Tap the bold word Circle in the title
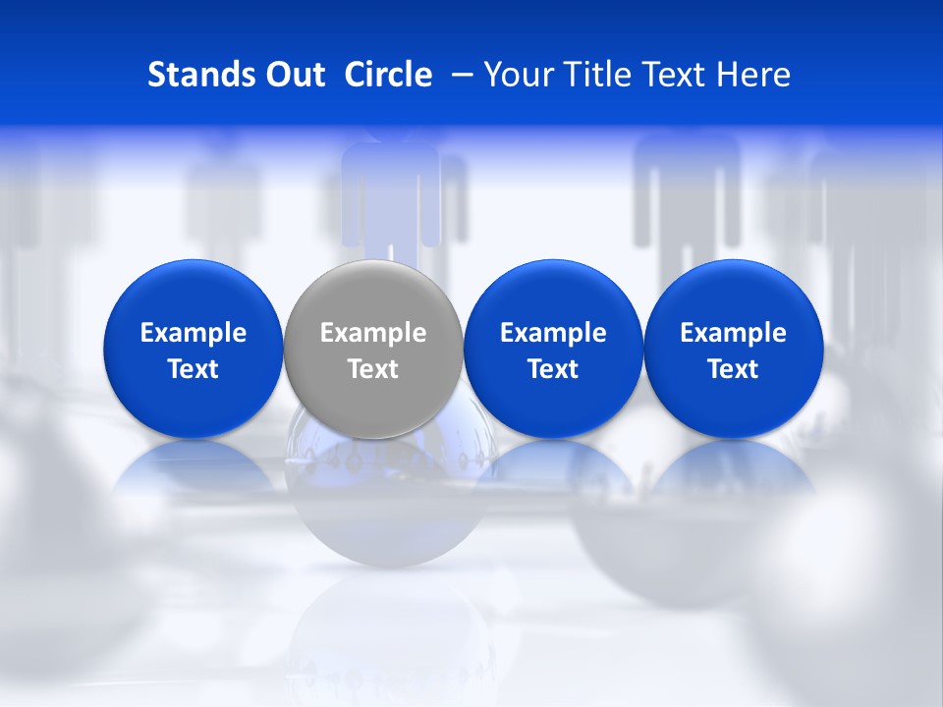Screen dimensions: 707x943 [388, 75]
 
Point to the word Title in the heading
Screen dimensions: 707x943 [601, 75]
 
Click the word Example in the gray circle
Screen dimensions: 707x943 [373, 333]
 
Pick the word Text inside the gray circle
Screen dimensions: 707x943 [373, 369]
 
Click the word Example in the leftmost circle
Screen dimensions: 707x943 [194, 333]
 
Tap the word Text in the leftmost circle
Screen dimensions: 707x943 [194, 369]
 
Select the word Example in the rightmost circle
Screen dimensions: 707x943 [733, 333]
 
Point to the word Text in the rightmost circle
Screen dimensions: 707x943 [733, 369]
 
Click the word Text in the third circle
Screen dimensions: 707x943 [553, 369]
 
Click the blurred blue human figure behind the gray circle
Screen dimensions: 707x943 [391, 191]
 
